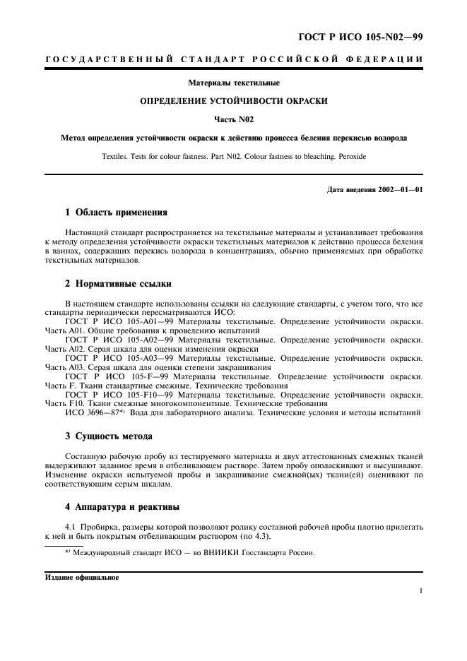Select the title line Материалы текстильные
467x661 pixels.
(233, 83)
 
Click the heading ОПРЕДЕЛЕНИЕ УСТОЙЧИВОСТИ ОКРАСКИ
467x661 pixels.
(233, 102)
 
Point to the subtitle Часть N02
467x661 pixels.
(233, 119)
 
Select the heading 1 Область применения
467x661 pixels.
(117, 212)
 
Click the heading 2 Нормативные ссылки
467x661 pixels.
(119, 284)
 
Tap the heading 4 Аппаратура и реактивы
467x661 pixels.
(123, 506)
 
